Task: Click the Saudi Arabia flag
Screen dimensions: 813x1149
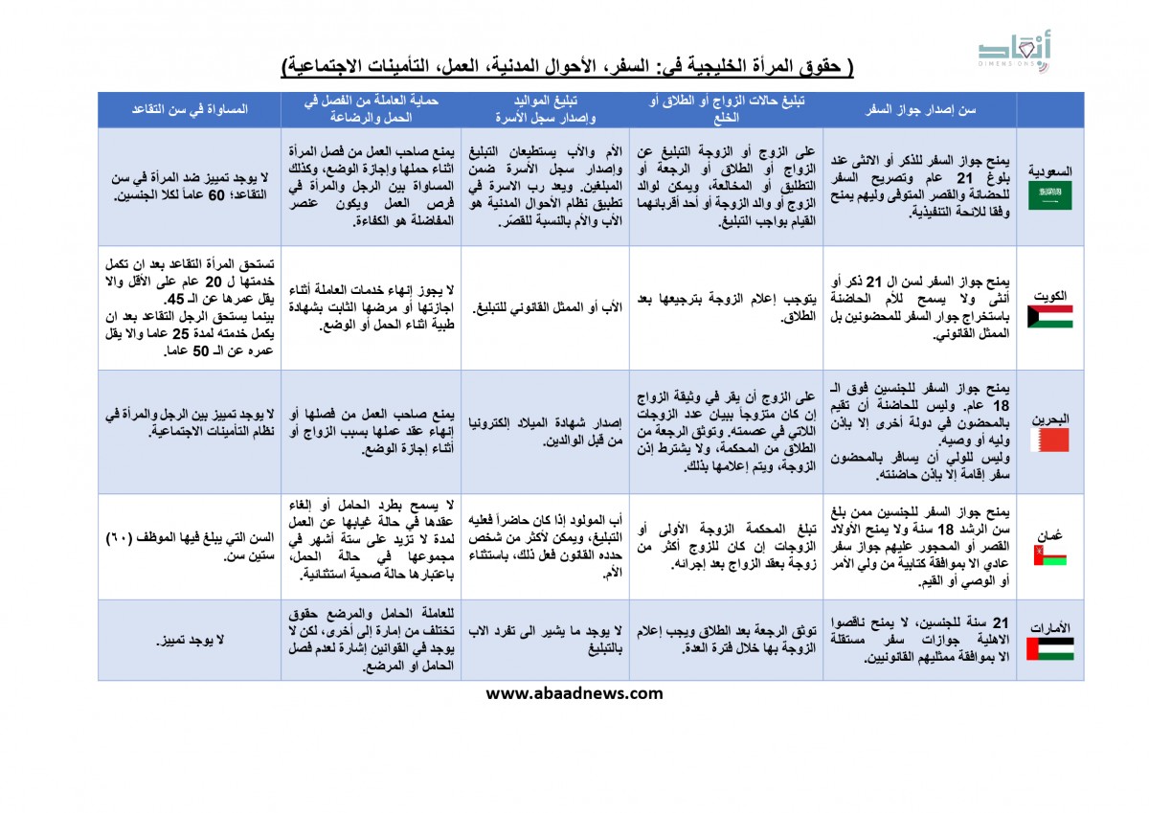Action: [x=1050, y=196]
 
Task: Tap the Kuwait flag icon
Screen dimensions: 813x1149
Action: [x=1050, y=317]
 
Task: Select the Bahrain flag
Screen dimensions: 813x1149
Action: [x=1050, y=440]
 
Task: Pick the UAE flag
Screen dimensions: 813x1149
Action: [x=1050, y=648]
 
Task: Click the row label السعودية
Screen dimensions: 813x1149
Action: [x=1050, y=171]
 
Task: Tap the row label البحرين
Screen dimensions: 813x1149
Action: [x=1050, y=419]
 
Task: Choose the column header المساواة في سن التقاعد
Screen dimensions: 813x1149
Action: [x=190, y=109]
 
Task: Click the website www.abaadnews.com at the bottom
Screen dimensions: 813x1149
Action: [x=574, y=694]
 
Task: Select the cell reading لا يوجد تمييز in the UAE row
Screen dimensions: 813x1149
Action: [x=190, y=640]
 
